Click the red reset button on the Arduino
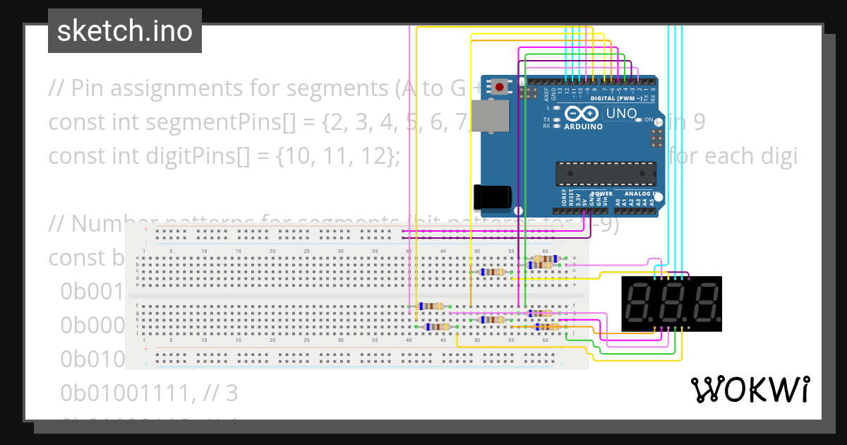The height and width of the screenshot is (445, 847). pyautogui.click(x=500, y=88)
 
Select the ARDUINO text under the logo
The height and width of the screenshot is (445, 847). pyautogui.click(x=583, y=127)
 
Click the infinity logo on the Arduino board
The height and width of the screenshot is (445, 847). pyautogui.click(x=582, y=114)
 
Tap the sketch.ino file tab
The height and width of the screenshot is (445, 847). pyautogui.click(x=125, y=31)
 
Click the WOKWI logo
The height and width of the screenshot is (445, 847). pyautogui.click(x=750, y=389)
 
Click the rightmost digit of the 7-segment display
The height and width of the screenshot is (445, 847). pyautogui.click(x=705, y=303)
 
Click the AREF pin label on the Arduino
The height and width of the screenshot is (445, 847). pyautogui.click(x=547, y=95)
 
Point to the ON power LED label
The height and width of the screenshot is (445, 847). pyautogui.click(x=649, y=120)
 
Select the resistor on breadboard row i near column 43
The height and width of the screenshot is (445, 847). pyautogui.click(x=438, y=326)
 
